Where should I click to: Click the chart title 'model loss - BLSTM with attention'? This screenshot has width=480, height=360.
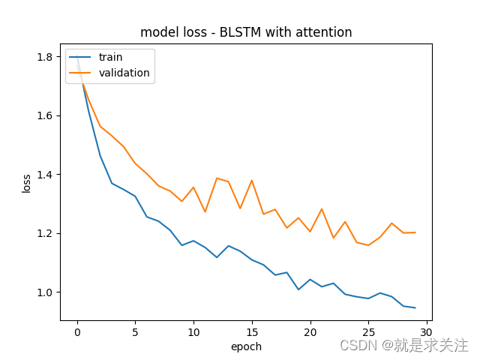click(246, 32)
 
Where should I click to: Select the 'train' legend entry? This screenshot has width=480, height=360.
click(109, 57)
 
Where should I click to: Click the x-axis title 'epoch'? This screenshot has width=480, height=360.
click(246, 347)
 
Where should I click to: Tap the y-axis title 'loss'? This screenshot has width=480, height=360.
click(27, 183)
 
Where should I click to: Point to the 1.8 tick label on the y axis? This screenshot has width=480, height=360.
click(45, 57)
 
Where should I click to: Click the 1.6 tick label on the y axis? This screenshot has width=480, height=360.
click(45, 115)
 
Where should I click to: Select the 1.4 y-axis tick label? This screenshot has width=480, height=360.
click(45, 175)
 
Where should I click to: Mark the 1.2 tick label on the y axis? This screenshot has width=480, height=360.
click(45, 233)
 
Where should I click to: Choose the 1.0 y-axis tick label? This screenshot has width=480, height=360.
click(45, 292)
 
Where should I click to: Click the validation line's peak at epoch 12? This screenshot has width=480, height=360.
click(217, 178)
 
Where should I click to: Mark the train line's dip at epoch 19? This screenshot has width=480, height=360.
click(298, 289)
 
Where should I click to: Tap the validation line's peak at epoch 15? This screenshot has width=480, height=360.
click(251, 180)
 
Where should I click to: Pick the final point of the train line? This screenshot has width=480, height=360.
click(415, 307)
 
